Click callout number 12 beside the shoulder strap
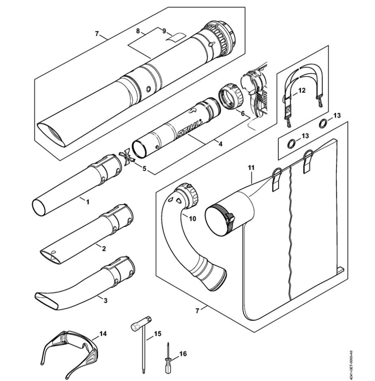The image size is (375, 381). point(302,90)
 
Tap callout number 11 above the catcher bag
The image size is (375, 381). point(251,168)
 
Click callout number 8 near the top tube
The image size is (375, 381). point(138,31)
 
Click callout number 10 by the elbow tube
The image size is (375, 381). point(192,219)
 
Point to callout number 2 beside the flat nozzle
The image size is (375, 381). point(104,248)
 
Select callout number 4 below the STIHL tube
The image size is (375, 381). point(220,144)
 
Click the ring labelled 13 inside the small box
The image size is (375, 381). point(291,144)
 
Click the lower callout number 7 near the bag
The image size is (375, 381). point(197,311)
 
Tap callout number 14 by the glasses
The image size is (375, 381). point(103,334)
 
